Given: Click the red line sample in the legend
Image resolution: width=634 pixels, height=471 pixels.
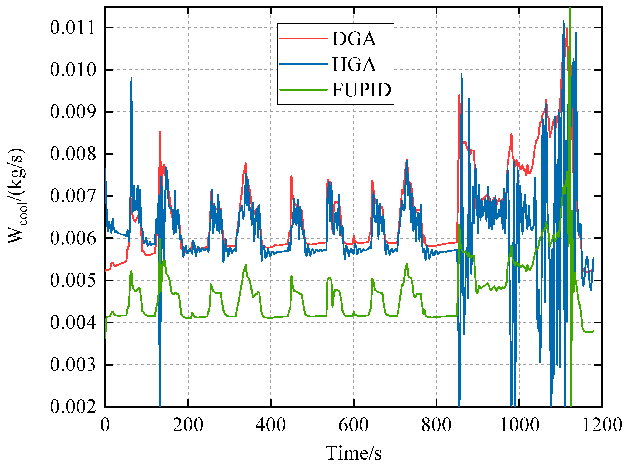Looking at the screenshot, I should click(303, 38).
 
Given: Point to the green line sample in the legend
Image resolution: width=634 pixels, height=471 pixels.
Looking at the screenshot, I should click(303, 90).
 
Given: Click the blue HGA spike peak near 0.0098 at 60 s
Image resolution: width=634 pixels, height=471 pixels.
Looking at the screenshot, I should click(131, 78).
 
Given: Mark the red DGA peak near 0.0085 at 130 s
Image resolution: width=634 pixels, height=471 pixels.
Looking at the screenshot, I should click(160, 131).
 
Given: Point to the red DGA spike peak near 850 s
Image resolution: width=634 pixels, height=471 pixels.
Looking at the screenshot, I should click(459, 95).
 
